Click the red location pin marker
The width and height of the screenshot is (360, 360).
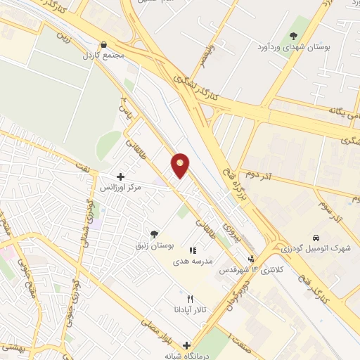(x=181, y=165)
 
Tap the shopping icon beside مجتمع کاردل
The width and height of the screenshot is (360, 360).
(x=103, y=44)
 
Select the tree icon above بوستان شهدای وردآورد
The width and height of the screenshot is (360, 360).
(x=293, y=36)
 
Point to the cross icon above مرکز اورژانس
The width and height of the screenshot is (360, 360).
(x=120, y=176)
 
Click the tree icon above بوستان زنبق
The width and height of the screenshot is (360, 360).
(x=154, y=233)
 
